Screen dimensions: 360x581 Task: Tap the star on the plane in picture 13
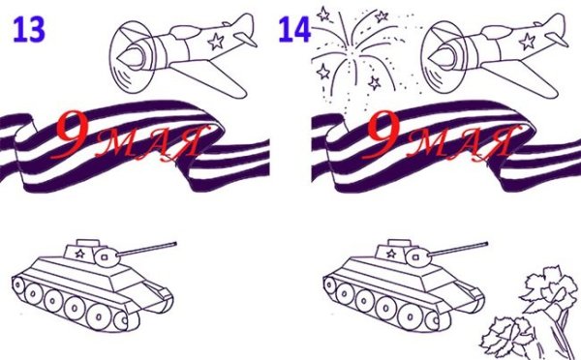[216, 42]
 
